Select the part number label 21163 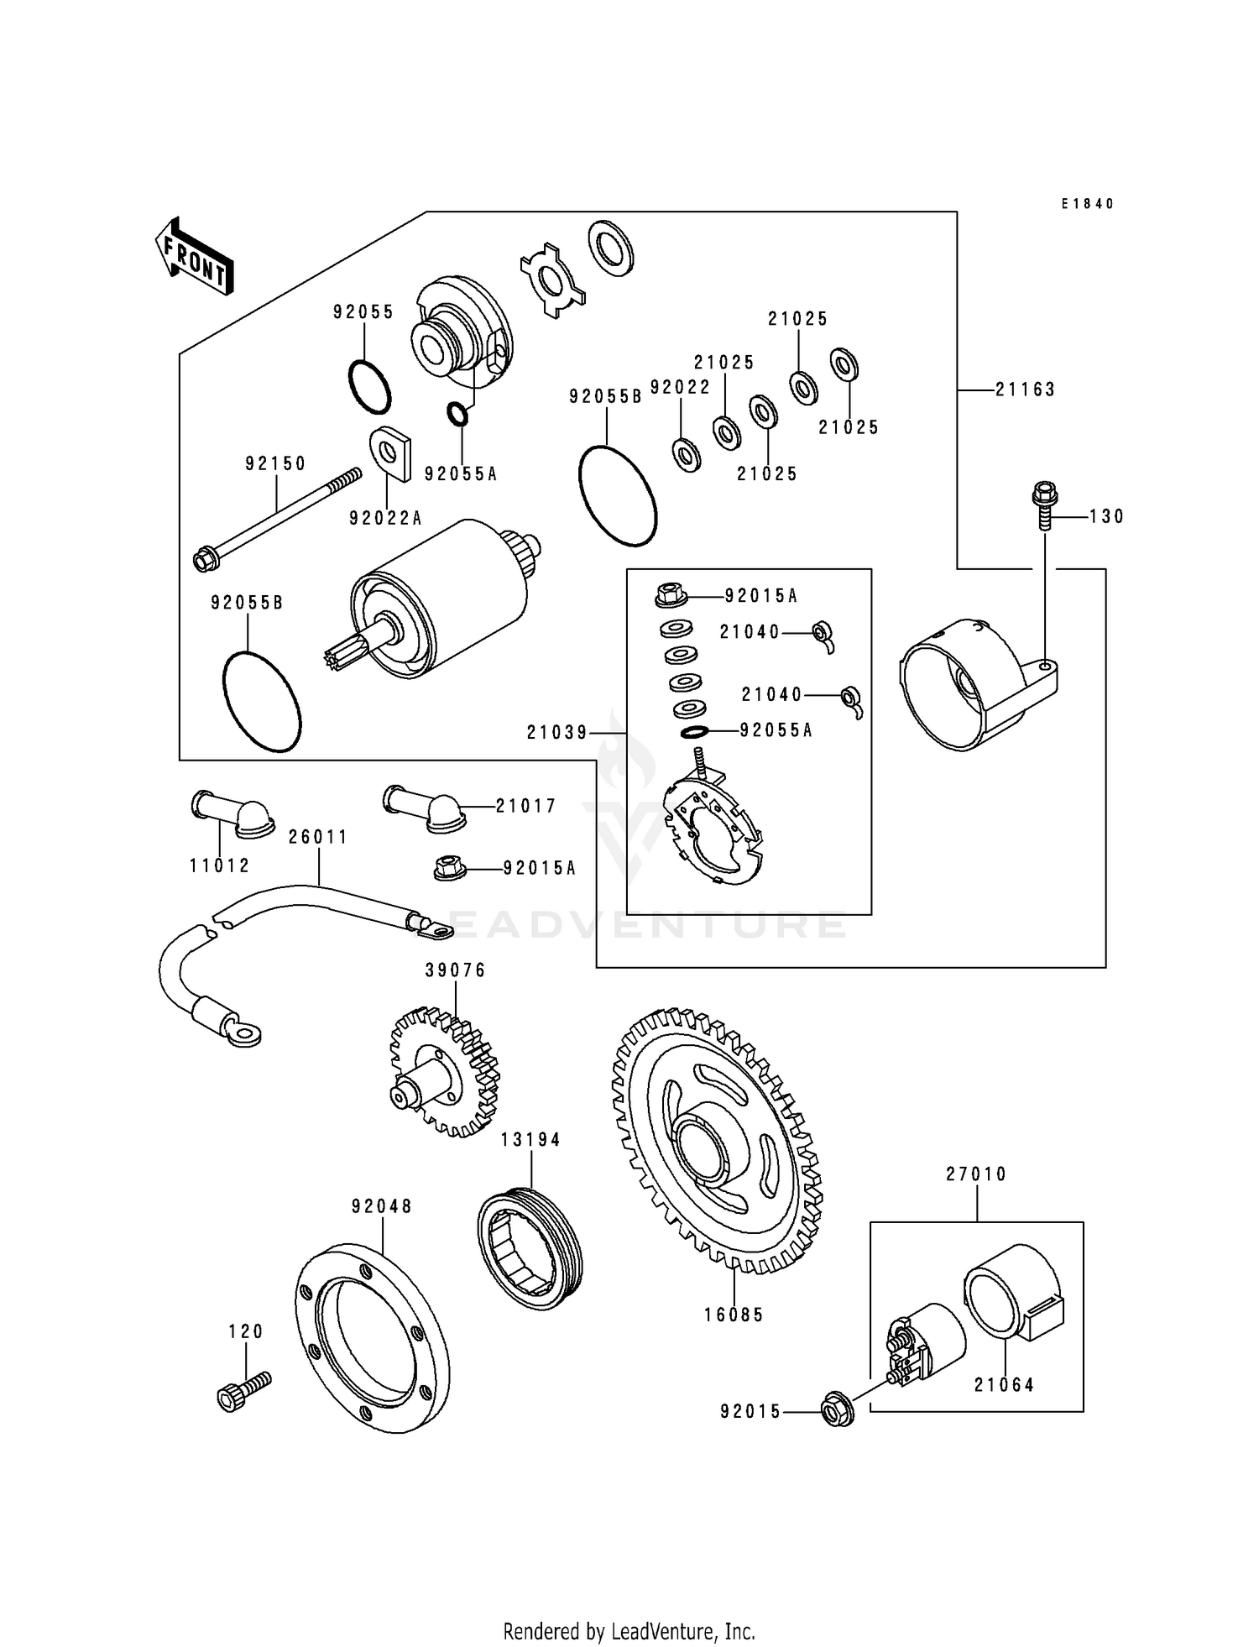click(x=1025, y=390)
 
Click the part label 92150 click(x=275, y=463)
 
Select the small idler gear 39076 click(x=445, y=1074)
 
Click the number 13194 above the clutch click(x=530, y=1140)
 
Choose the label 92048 click(x=382, y=1206)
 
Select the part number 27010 click(x=976, y=1174)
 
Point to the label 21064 click(x=1004, y=1385)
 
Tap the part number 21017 click(x=525, y=806)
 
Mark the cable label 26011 click(x=317, y=837)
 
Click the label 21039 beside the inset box click(x=557, y=733)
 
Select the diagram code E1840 click(x=1087, y=204)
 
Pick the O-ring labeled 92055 click(x=369, y=387)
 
